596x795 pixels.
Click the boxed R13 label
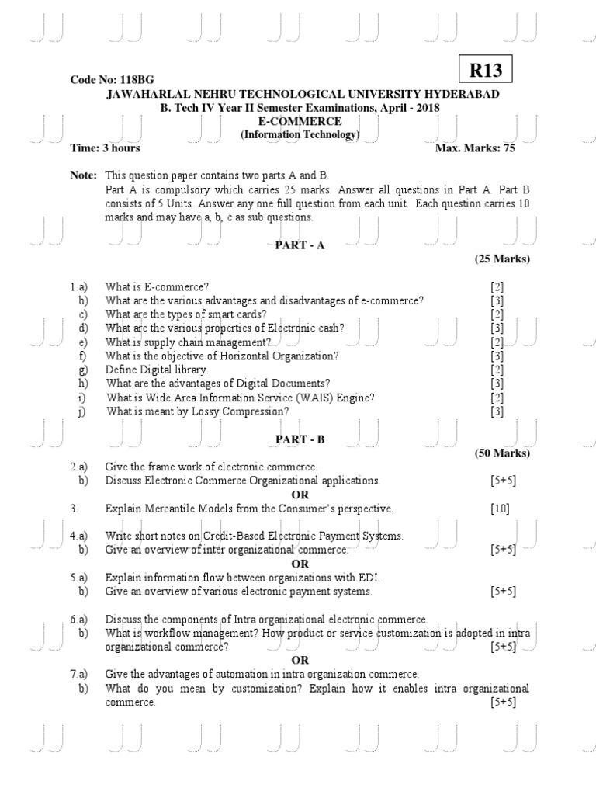point(486,71)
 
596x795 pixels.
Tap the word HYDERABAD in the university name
point(463,94)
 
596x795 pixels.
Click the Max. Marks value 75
point(508,148)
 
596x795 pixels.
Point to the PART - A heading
point(300,245)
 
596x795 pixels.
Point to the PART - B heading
point(300,439)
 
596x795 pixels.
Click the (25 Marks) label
point(502,259)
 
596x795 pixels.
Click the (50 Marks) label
point(502,453)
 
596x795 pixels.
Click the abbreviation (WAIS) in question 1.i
point(293,397)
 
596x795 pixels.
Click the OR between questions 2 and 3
point(300,495)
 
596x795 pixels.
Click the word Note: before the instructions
point(84,175)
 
